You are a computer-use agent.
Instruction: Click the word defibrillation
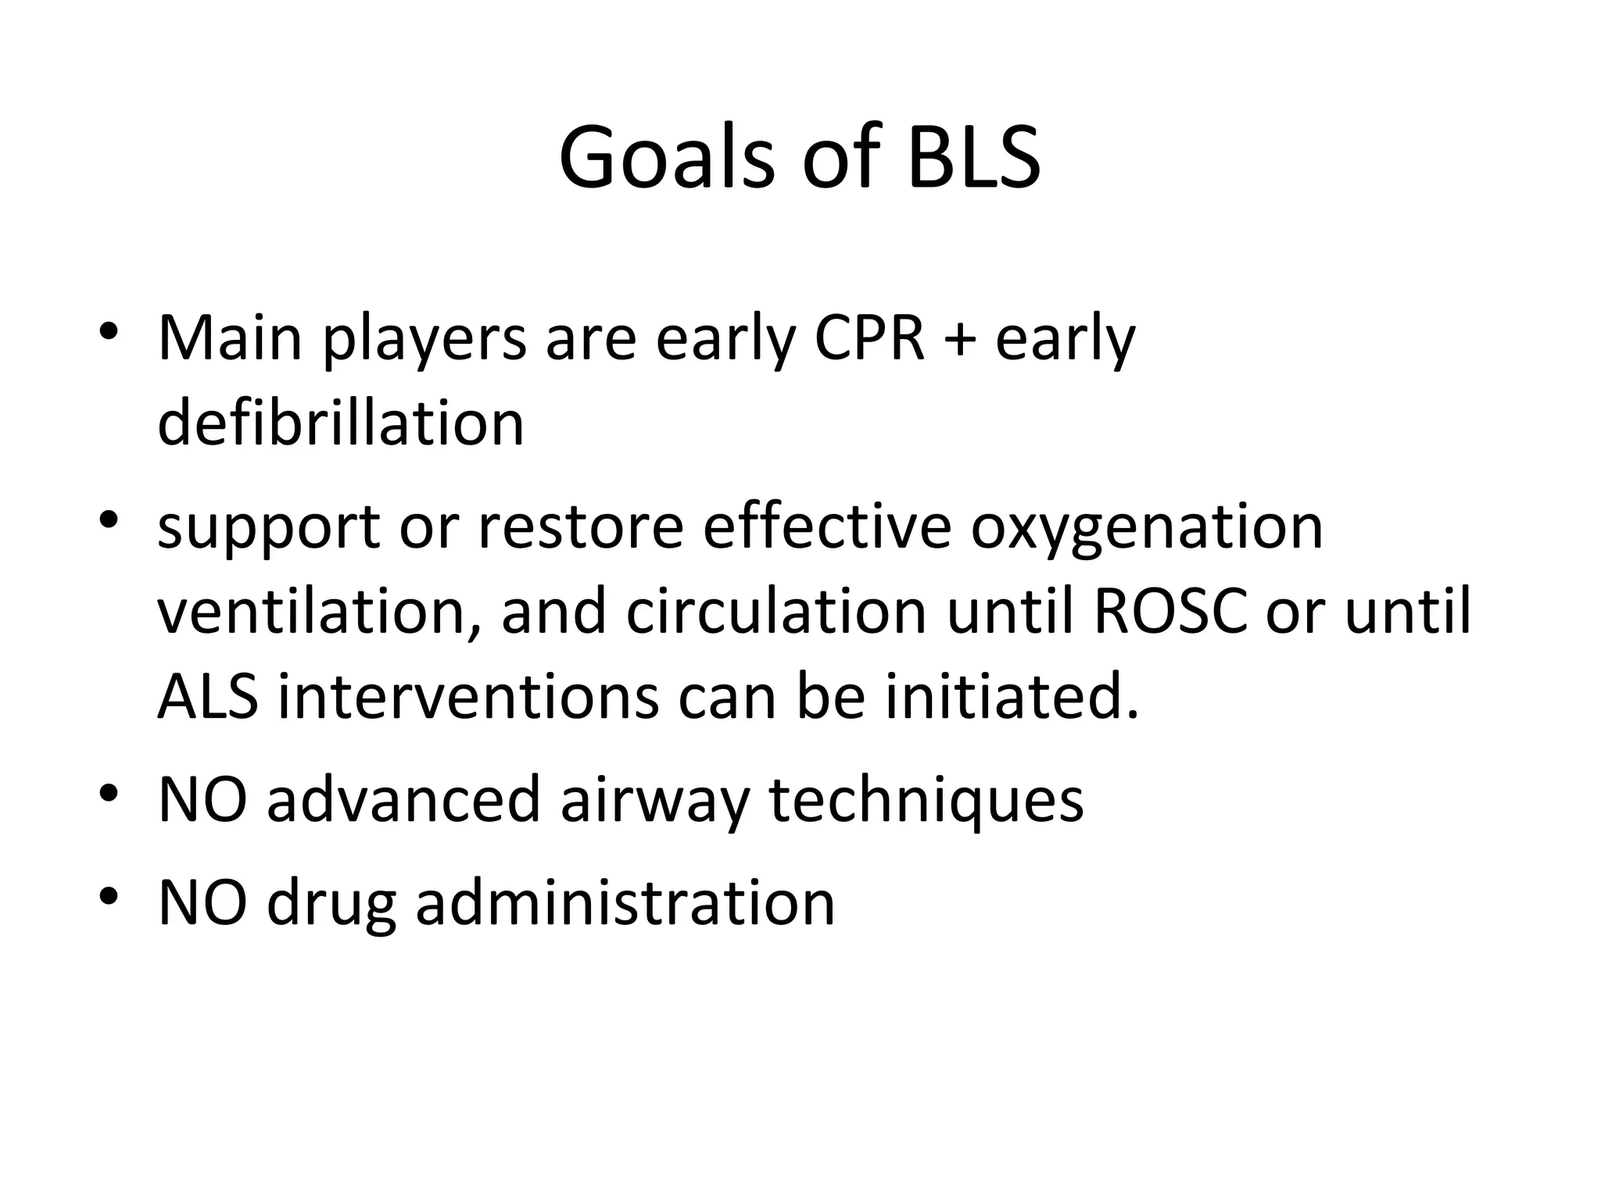tap(341, 423)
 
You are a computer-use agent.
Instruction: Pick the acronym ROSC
tap(1169, 612)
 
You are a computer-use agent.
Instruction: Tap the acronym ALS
tap(207, 696)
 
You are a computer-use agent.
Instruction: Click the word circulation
tap(775, 612)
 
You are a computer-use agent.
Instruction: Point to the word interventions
tap(467, 696)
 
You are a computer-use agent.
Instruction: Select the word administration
tap(625, 902)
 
